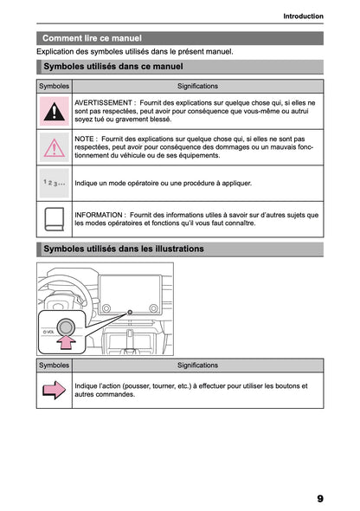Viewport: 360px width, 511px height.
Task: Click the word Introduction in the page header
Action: point(303,16)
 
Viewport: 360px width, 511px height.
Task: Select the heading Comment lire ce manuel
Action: point(92,38)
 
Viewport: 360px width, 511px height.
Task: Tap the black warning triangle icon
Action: point(55,112)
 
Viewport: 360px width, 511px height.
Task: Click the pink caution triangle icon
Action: point(55,148)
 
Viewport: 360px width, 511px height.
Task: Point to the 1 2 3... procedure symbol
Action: point(55,183)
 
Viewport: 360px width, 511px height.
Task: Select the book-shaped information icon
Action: point(55,217)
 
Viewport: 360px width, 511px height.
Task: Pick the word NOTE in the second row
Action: point(85,139)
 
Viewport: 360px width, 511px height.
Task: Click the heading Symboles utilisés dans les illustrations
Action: point(124,249)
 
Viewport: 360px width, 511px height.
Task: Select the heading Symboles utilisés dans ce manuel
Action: point(112,66)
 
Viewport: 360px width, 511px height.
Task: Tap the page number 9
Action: point(319,498)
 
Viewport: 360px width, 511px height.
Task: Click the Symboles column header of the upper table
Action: point(55,87)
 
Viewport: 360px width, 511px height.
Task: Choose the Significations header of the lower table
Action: point(197,365)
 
